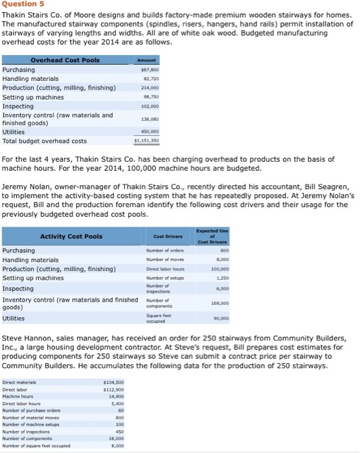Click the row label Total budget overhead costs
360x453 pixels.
tap(45, 141)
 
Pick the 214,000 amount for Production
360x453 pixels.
tap(150, 88)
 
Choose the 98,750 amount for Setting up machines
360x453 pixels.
tap(151, 97)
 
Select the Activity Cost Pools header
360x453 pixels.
tap(71, 236)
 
